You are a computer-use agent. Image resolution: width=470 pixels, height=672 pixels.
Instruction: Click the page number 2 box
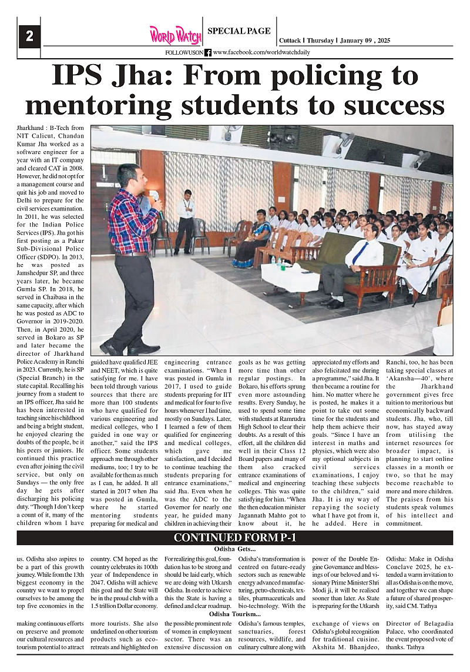(29, 36)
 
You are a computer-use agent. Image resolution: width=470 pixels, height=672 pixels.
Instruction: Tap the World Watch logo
(174, 35)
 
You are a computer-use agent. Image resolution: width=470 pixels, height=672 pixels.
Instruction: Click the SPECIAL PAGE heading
(239, 31)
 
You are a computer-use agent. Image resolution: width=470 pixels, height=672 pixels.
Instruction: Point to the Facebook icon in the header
(208, 53)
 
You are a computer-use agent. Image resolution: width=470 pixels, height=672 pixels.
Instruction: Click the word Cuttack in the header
(290, 41)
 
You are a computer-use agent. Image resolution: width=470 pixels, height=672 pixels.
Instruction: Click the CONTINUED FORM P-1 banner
(235, 538)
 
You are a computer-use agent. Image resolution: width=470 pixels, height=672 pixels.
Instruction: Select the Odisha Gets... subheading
(234, 549)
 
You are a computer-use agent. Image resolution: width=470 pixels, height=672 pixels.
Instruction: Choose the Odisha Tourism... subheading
(234, 615)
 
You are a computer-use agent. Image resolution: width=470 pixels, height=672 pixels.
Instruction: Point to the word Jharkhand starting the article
(31, 128)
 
